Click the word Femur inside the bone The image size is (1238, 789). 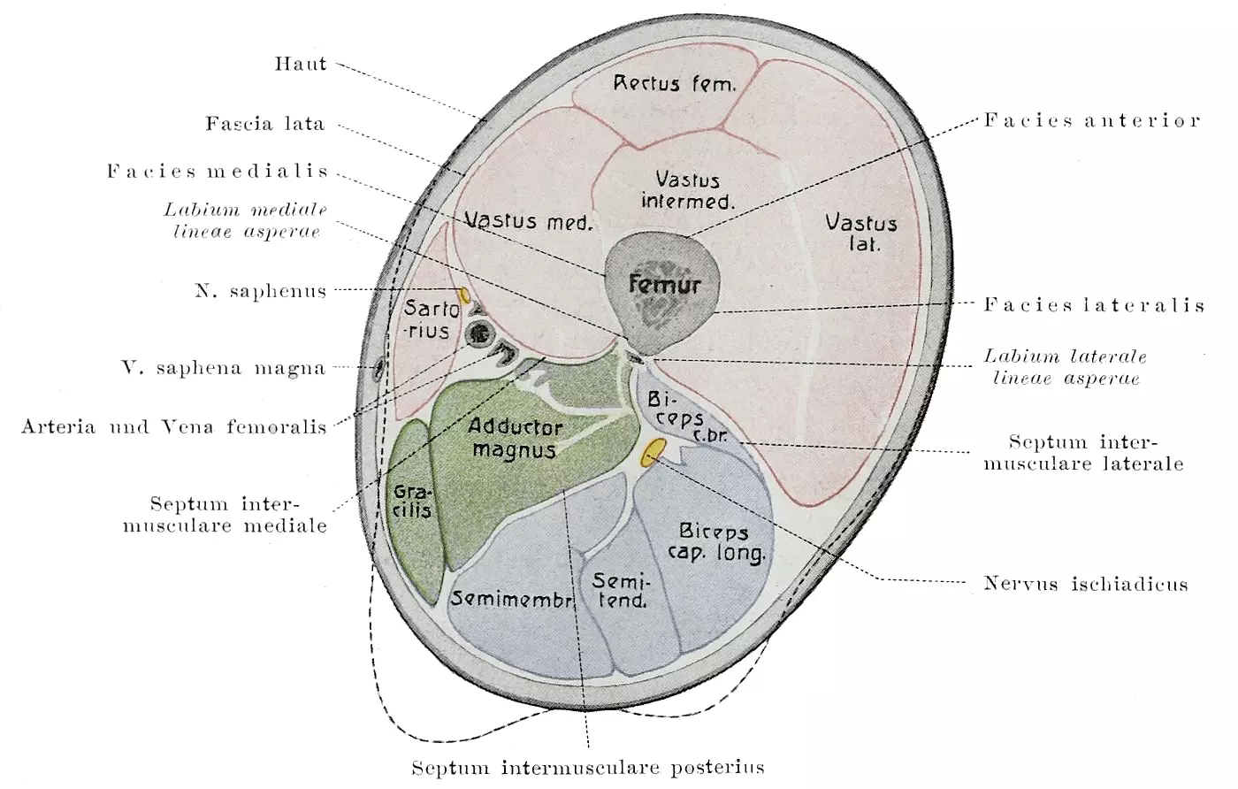point(664,285)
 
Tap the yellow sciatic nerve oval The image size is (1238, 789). point(652,453)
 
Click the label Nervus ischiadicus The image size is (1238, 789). point(1085,584)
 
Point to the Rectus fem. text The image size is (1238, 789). point(675,84)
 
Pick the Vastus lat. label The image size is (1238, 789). point(860,233)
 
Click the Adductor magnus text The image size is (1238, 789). point(515,438)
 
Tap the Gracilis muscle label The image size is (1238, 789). point(412,501)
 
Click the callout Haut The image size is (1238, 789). point(301,64)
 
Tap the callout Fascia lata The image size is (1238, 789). point(264,124)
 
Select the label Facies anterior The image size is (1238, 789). point(1092,120)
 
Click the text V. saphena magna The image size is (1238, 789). point(223,368)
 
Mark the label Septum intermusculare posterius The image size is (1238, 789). point(587,767)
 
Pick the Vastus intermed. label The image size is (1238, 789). point(687,190)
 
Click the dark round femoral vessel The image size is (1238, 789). point(480,334)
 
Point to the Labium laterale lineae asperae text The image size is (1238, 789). point(1065,367)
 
